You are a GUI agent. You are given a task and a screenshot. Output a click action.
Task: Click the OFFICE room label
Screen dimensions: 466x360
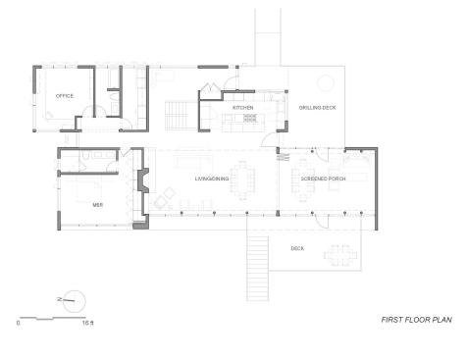tap(65, 96)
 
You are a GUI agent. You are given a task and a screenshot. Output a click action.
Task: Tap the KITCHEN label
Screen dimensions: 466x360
tap(242, 107)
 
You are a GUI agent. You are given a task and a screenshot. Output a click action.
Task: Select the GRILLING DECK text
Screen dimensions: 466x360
tap(317, 107)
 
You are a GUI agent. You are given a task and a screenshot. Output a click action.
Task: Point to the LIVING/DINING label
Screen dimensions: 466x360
tap(212, 179)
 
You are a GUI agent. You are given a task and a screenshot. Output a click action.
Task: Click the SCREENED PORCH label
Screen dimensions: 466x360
tap(323, 179)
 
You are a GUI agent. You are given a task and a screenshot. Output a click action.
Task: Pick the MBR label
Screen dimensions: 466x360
tap(98, 205)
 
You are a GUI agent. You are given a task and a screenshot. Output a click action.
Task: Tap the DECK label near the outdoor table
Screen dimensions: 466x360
tap(297, 248)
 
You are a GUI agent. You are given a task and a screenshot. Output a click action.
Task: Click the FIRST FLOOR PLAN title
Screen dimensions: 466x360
tap(417, 320)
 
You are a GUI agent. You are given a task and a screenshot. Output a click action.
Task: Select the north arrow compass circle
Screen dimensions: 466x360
tap(75, 301)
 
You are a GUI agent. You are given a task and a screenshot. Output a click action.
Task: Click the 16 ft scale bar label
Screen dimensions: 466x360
tap(87, 323)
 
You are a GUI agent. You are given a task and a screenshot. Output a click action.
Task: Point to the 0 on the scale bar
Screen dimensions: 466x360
tap(18, 323)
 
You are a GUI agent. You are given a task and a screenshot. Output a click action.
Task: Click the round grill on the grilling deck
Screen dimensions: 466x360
tap(326, 83)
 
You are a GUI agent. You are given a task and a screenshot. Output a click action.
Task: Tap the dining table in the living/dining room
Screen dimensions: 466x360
tap(242, 180)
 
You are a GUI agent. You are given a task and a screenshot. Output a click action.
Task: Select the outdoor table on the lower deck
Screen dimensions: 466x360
tap(340, 255)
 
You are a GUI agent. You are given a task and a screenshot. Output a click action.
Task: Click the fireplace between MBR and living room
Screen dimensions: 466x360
tap(143, 180)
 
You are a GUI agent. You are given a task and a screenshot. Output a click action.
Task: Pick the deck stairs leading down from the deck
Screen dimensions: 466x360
tap(258, 268)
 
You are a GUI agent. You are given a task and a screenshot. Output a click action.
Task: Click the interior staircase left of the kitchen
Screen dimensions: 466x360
tap(177, 116)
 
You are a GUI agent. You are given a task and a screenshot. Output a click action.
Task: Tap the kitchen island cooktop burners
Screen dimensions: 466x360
tap(250, 118)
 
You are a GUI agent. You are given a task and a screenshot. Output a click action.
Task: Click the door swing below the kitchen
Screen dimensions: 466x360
tap(270, 139)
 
